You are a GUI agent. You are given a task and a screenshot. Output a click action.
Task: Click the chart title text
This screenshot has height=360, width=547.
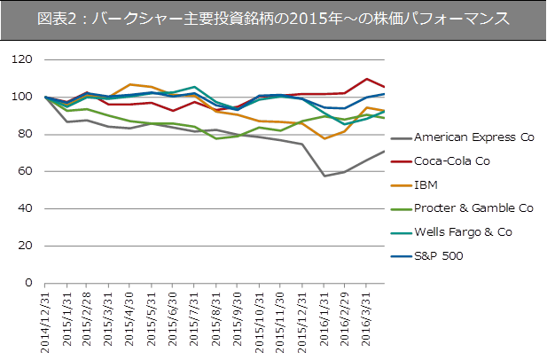pyautogui.click(x=273, y=19)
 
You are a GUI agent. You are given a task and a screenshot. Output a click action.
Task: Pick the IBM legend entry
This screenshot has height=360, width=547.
pyautogui.click(x=427, y=185)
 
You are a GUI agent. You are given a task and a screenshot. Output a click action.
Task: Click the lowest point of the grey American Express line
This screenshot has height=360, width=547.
pyautogui.click(x=324, y=176)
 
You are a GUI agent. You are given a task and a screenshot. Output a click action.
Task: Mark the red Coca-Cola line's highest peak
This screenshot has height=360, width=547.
pyautogui.click(x=367, y=79)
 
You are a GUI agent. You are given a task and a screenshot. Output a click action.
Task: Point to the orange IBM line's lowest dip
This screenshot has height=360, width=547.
pyautogui.click(x=324, y=138)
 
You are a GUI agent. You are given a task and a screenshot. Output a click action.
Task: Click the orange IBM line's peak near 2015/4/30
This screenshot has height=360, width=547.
pyautogui.click(x=130, y=84)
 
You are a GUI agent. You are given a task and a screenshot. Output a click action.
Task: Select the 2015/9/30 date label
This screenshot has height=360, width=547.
pyautogui.click(x=238, y=320)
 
